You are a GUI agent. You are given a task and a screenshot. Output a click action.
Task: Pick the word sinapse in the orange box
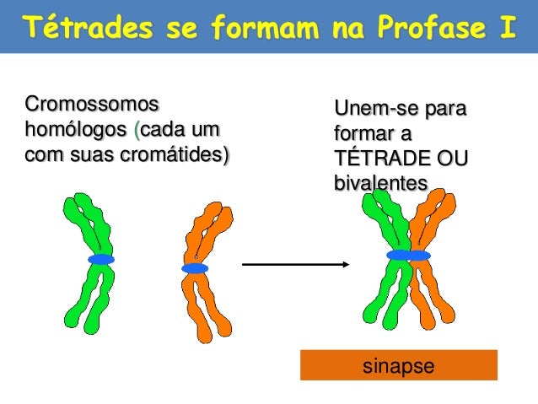point(398,366)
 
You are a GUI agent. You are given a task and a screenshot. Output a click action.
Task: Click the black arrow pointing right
point(295,264)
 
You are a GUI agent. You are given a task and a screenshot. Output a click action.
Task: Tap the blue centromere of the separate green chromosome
point(101,260)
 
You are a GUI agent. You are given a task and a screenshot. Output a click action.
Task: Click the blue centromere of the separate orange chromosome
point(195,268)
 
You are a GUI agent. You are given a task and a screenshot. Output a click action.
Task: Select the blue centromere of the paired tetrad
point(408,255)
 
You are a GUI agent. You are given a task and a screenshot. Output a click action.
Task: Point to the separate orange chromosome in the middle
point(202,236)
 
